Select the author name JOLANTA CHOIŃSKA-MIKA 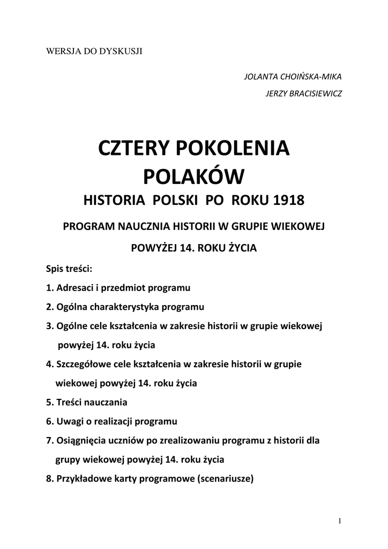point(293,76)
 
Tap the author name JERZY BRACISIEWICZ point(304,94)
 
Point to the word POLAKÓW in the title point(193,176)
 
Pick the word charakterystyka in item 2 point(126,307)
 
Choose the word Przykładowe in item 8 point(84,478)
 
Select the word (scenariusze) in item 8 point(225,478)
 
